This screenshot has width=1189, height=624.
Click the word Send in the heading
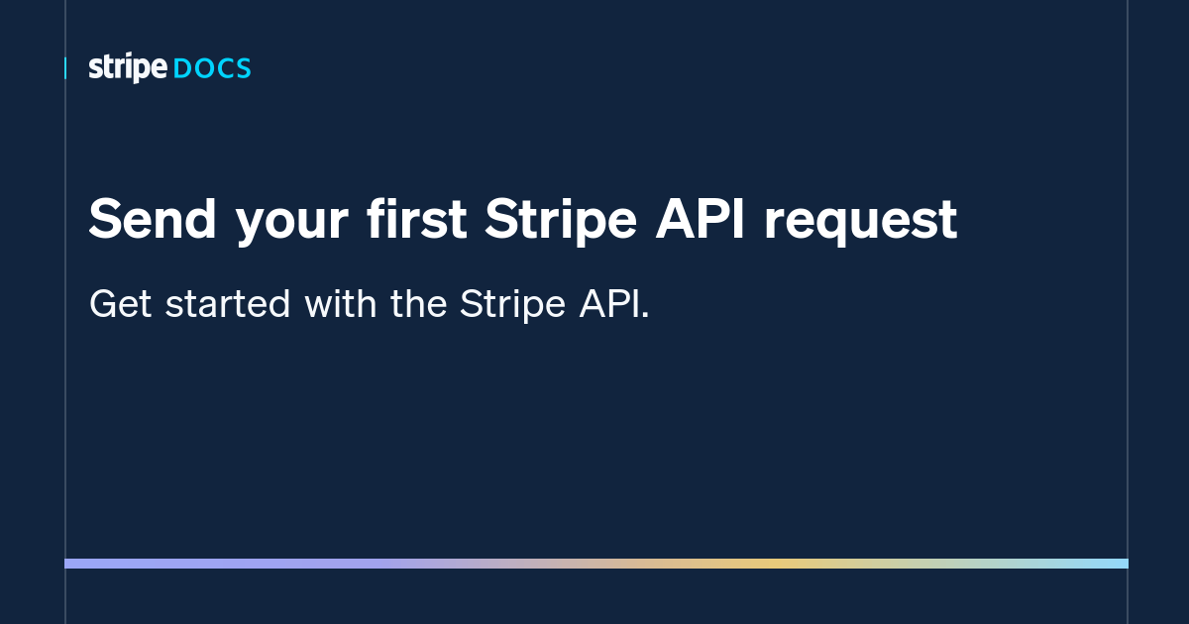point(151,219)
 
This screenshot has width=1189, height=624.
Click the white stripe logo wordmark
point(127,68)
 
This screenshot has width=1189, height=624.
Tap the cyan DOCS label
point(212,69)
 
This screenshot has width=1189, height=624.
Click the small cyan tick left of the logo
point(65,68)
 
